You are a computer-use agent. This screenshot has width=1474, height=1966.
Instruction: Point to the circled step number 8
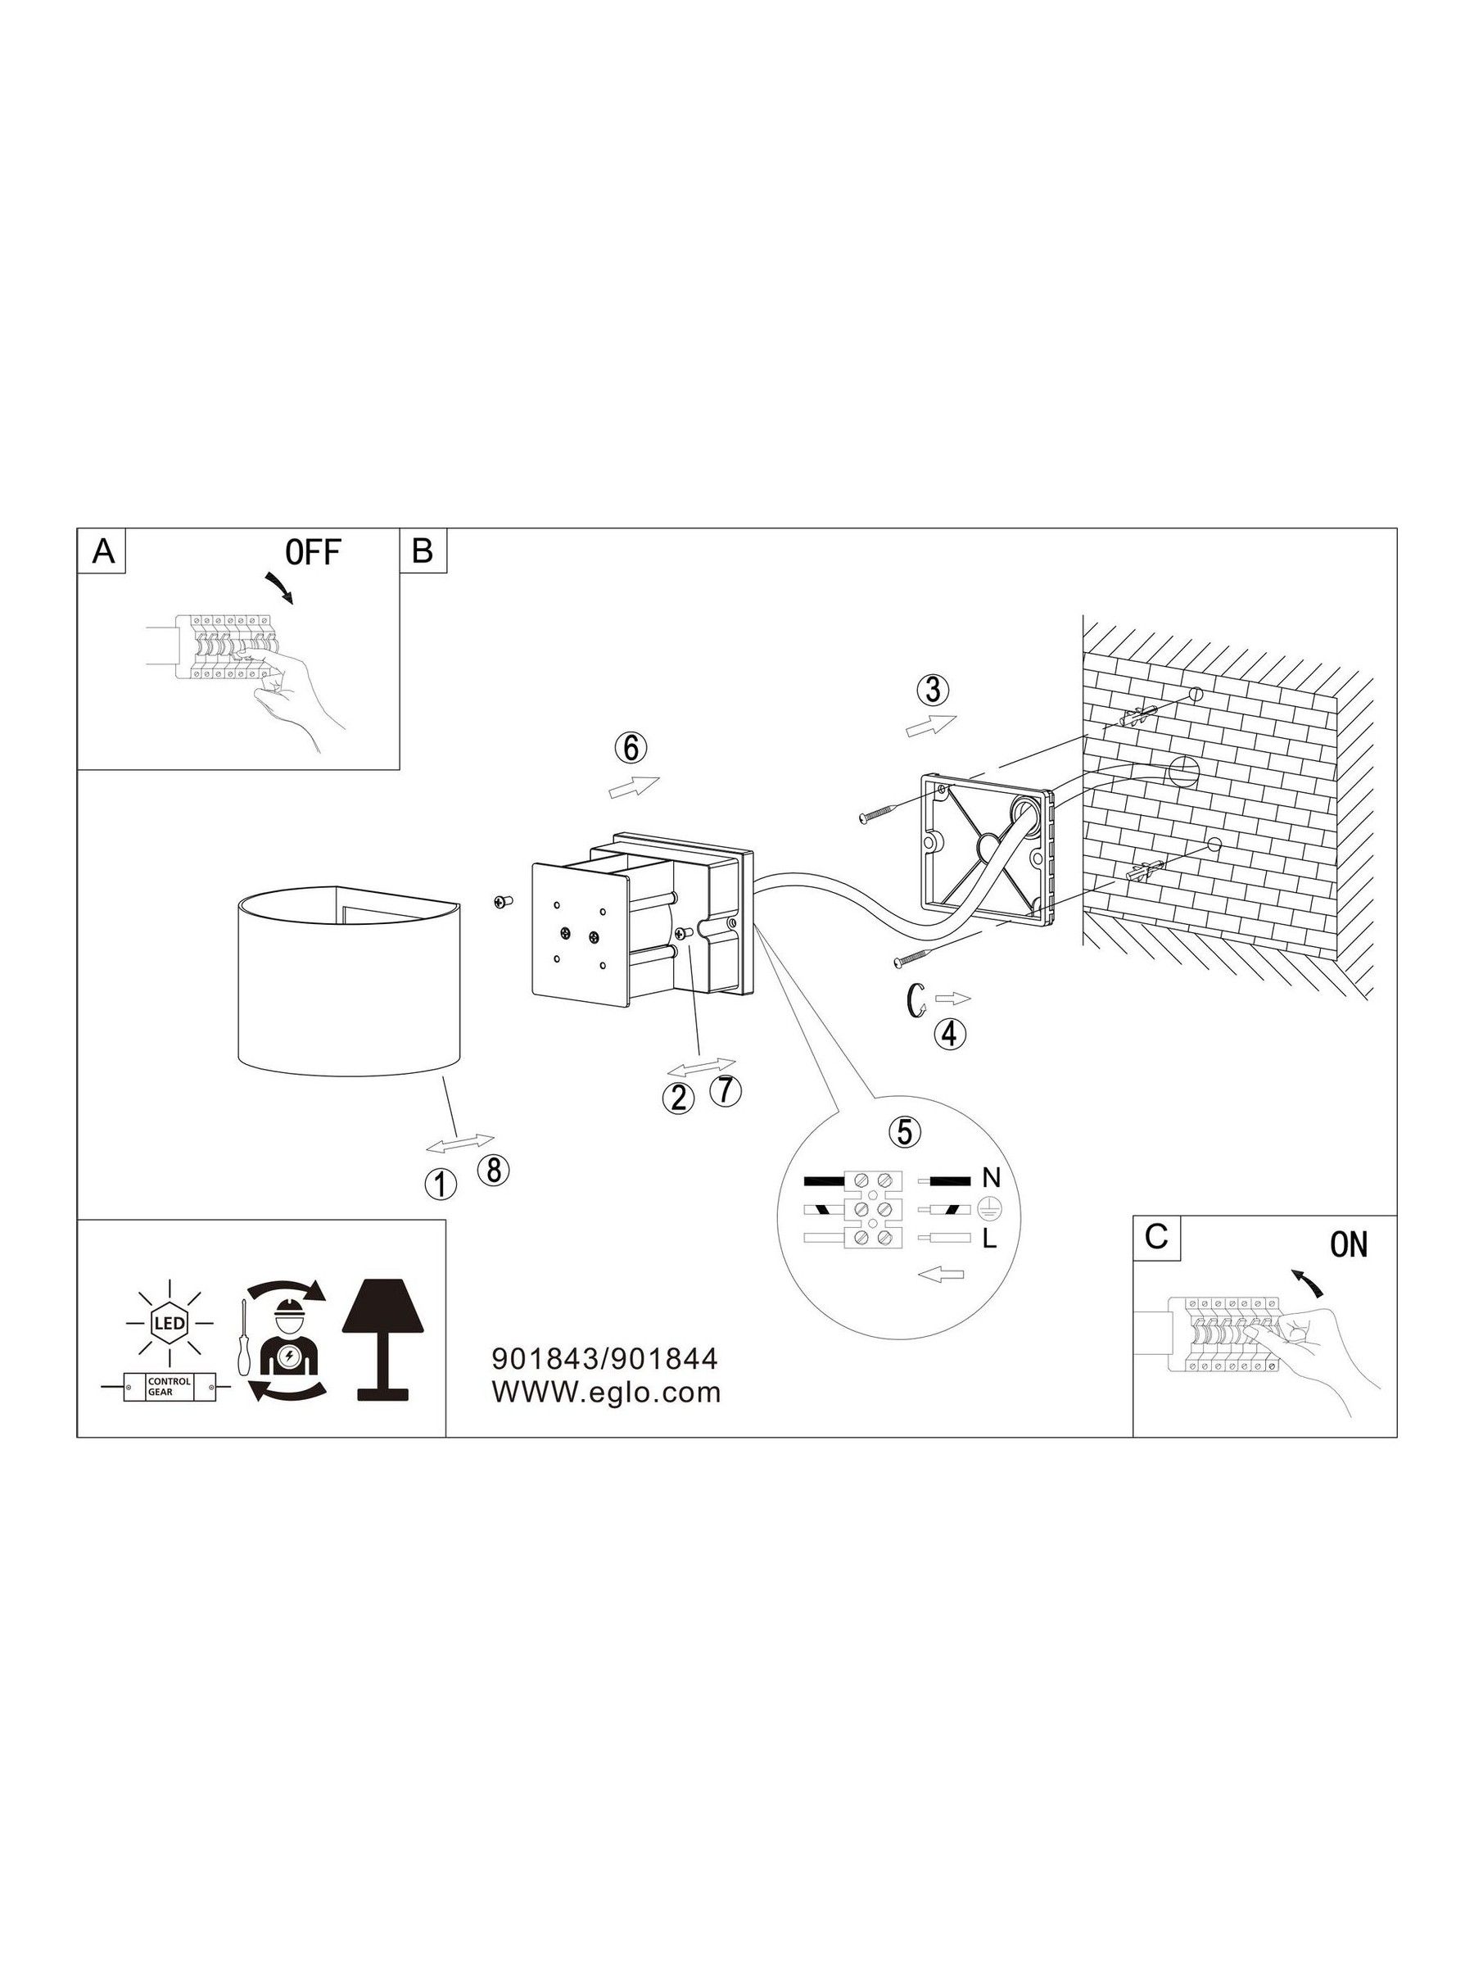[493, 1170]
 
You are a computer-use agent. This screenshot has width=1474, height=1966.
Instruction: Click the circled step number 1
[441, 1183]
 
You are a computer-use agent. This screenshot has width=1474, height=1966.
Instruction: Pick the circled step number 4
[949, 1033]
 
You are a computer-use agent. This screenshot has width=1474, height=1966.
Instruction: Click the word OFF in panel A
[313, 553]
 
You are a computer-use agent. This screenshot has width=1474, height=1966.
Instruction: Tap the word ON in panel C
[1348, 1245]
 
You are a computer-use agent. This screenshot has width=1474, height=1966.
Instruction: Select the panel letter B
[422, 551]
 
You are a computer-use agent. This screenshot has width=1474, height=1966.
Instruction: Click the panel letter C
[1156, 1237]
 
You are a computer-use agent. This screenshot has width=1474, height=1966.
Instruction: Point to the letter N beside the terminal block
[992, 1180]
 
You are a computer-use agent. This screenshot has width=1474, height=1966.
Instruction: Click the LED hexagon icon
[169, 1324]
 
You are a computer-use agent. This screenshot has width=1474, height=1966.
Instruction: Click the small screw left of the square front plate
[503, 902]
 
